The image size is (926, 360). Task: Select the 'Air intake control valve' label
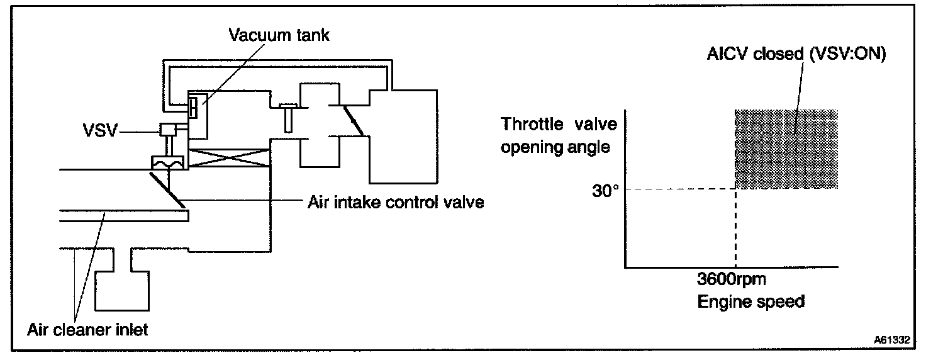coord(396,203)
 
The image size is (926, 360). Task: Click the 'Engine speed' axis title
coord(750,301)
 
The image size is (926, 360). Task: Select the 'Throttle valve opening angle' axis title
coord(555,136)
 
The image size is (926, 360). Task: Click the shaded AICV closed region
coord(786,149)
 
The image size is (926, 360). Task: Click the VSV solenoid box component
coord(169,129)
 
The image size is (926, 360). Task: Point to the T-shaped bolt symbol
coord(287,116)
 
